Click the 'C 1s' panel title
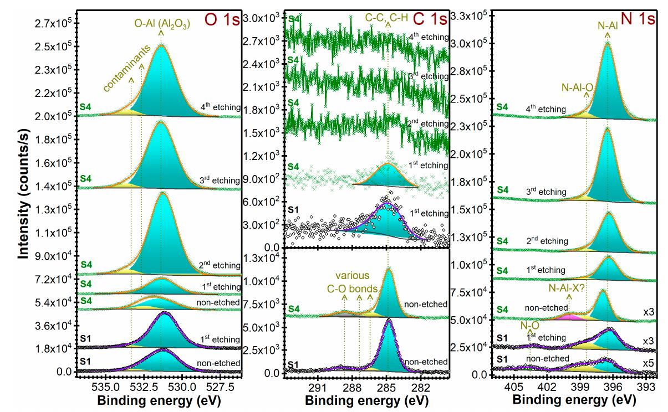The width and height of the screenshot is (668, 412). click(430, 19)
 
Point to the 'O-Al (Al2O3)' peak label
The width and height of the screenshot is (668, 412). click(161, 23)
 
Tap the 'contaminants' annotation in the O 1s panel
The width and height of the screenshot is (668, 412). click(128, 69)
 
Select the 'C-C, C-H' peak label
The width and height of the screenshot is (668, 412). click(386, 18)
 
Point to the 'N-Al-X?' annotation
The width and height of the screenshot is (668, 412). click(568, 287)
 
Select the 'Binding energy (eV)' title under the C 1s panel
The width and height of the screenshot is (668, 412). click(366, 400)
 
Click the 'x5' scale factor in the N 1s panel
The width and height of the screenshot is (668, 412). click(647, 363)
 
